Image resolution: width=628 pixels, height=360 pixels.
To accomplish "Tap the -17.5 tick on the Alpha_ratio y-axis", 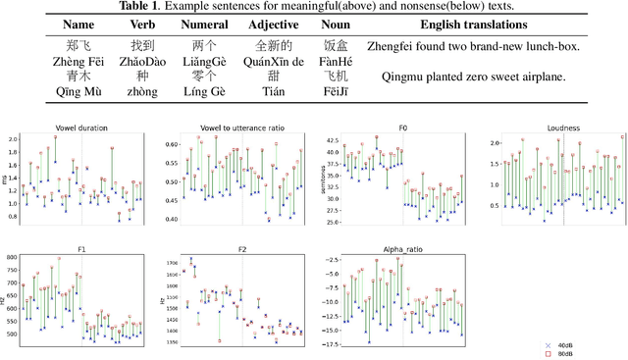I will [328, 344].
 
